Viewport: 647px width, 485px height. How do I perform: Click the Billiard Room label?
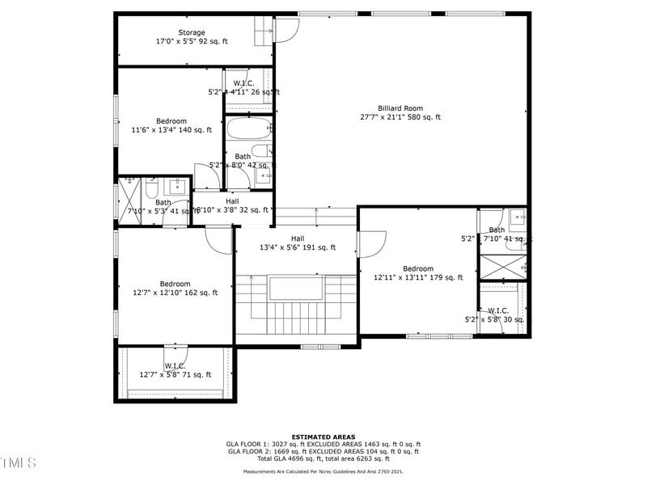pyautogui.click(x=400, y=112)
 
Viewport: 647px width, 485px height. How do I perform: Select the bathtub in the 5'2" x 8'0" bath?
pyautogui.click(x=249, y=129)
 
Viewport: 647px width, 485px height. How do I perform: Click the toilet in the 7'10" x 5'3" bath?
pyautogui.click(x=151, y=188)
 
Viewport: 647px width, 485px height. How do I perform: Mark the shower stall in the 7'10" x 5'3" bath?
pyautogui.click(x=129, y=197)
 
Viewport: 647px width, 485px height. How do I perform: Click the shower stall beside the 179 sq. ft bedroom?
pyautogui.click(x=502, y=267)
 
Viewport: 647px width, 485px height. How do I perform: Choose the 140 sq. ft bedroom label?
pyautogui.click(x=171, y=125)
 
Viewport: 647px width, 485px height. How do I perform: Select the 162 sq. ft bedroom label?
pyautogui.click(x=175, y=288)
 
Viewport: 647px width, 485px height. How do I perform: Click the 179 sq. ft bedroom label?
pyautogui.click(x=418, y=273)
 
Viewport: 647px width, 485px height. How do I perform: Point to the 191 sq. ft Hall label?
pyautogui.click(x=297, y=242)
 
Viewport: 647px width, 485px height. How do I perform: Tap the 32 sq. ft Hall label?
pyautogui.click(x=232, y=205)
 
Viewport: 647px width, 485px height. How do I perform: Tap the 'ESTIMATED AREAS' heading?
pyautogui.click(x=323, y=436)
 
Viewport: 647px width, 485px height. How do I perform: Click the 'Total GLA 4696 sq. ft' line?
pyautogui.click(x=323, y=458)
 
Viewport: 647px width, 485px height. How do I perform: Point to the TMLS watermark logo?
pyautogui.click(x=18, y=462)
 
